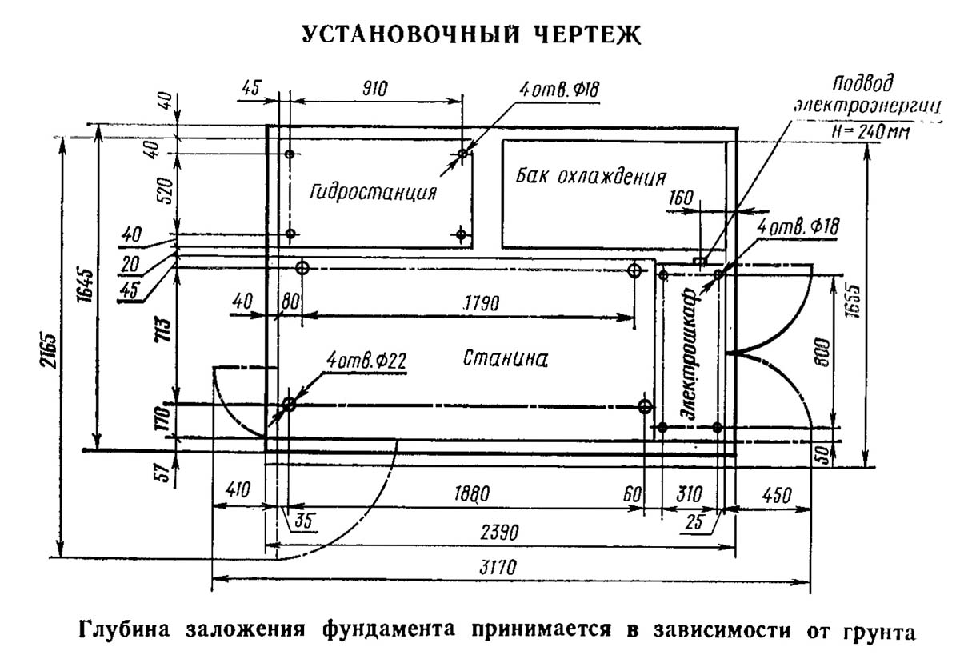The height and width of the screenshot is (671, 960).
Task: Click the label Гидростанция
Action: point(374,193)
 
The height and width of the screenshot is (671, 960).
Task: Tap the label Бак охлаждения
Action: point(591,175)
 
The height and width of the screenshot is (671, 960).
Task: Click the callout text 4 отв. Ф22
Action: point(366,361)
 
